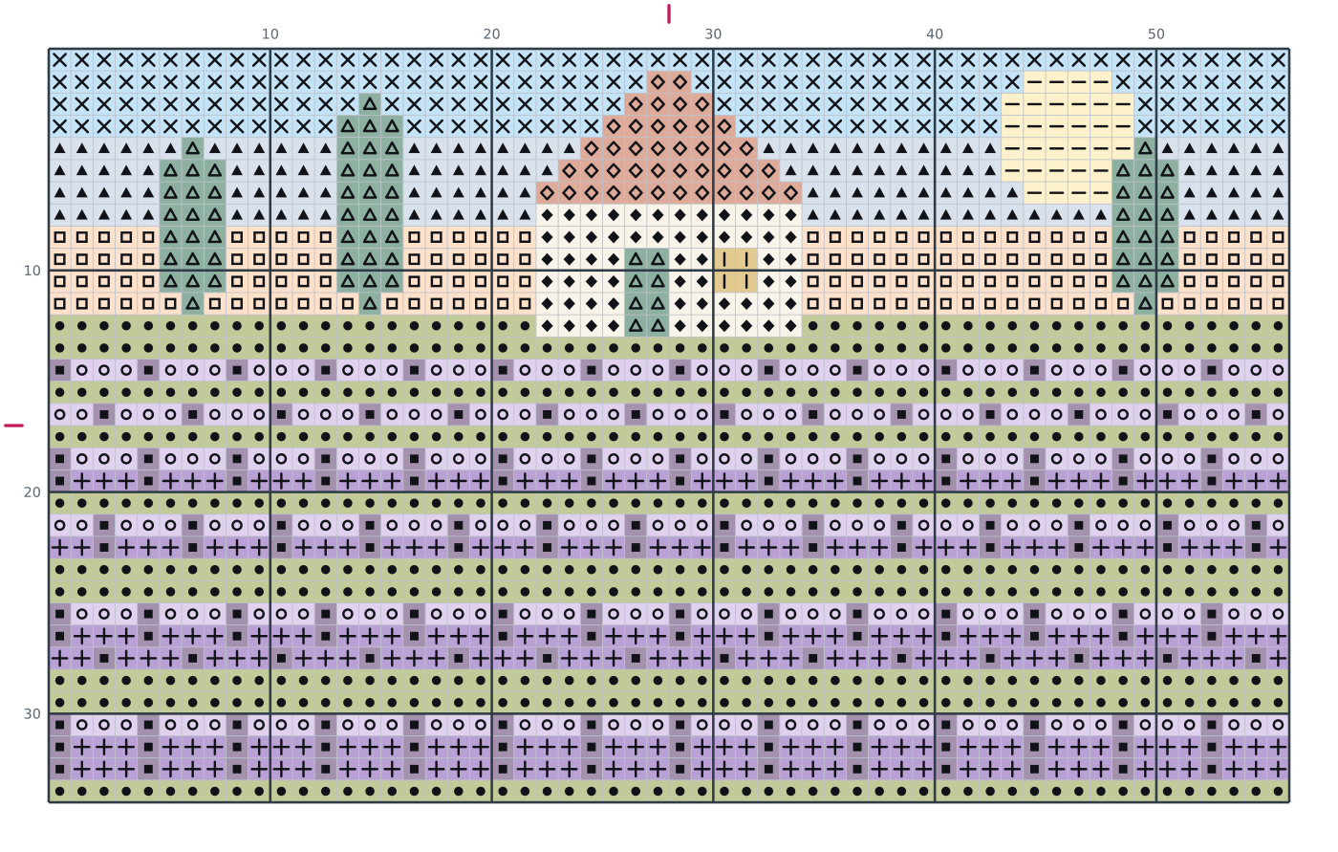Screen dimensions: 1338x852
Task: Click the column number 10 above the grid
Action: click(x=270, y=34)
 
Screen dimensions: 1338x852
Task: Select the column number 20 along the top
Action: click(x=491, y=34)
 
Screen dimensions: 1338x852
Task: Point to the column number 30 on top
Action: click(x=713, y=34)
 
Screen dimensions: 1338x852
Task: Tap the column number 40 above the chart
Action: click(x=935, y=34)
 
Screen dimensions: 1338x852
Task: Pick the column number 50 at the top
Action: click(x=1156, y=34)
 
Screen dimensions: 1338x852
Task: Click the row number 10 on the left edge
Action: click(x=32, y=271)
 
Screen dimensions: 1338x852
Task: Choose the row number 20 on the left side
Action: click(x=32, y=492)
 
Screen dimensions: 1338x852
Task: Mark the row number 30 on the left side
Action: click(x=32, y=714)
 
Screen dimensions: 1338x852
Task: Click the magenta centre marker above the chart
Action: click(x=669, y=13)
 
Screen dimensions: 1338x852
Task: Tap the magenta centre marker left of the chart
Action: click(x=13, y=426)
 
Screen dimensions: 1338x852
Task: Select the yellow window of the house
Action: click(x=735, y=271)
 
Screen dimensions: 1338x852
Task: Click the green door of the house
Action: click(x=647, y=293)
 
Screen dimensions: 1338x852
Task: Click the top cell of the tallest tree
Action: click(x=370, y=104)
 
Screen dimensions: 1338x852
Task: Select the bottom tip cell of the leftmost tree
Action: click(x=192, y=303)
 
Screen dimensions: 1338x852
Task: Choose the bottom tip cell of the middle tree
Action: click(x=370, y=303)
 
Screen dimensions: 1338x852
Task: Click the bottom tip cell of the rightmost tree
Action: click(x=1145, y=303)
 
